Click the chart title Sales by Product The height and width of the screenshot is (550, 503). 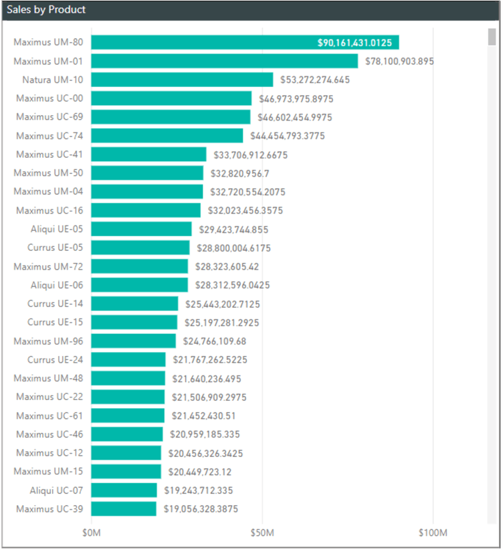pyautogui.click(x=46, y=11)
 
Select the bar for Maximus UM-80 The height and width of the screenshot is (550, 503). pyautogui.click(x=245, y=43)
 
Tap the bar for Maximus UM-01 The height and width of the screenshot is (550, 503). pyautogui.click(x=225, y=62)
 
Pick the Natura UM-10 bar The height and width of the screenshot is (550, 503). pyautogui.click(x=182, y=80)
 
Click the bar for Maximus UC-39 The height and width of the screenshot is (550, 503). pyautogui.click(x=124, y=509)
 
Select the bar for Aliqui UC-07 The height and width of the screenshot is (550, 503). pyautogui.click(x=124, y=490)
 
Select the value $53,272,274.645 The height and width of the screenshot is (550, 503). pyautogui.click(x=314, y=80)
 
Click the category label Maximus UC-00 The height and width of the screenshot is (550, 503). pyautogui.click(x=49, y=98)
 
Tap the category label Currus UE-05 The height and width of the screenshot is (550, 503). pyautogui.click(x=56, y=248)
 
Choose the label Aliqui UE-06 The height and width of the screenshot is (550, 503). pyautogui.click(x=57, y=285)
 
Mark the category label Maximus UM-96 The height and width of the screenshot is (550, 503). pyautogui.click(x=49, y=341)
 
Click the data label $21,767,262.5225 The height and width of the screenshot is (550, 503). pyautogui.click(x=209, y=360)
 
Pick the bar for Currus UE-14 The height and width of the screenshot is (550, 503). pyautogui.click(x=134, y=304)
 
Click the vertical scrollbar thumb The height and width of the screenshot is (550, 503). pyautogui.click(x=492, y=37)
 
